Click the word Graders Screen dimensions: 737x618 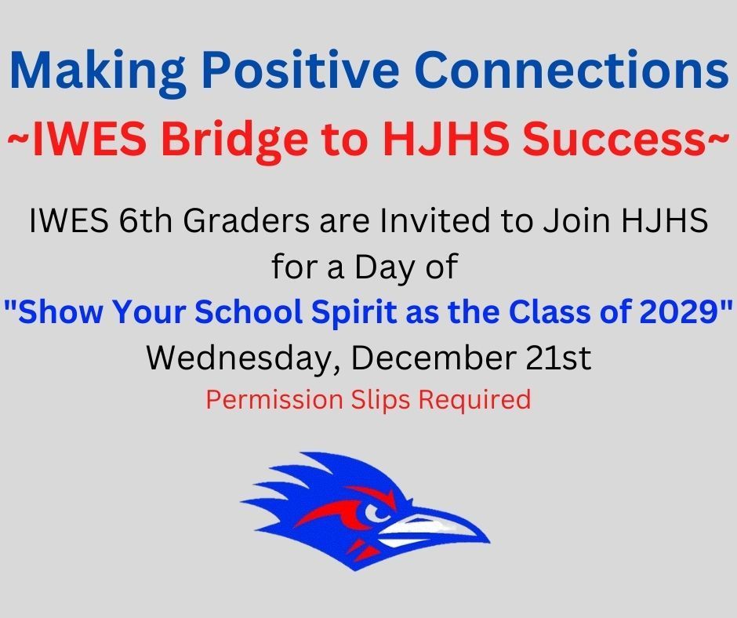tap(246, 220)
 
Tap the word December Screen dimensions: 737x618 tap(434, 358)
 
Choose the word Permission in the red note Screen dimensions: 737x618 tap(274, 400)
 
